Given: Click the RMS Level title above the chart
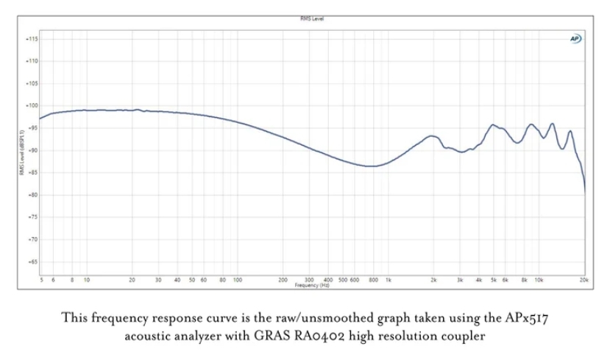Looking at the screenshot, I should point(312,18).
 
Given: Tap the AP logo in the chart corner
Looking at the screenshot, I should point(575,38).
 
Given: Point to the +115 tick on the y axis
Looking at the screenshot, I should point(32,38).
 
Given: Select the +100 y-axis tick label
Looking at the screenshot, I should point(32,105).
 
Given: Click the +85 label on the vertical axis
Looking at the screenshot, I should point(32,172).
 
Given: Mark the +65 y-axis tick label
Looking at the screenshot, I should point(32,262).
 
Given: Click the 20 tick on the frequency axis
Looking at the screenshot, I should point(132,280).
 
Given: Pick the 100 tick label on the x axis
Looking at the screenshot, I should point(238,280).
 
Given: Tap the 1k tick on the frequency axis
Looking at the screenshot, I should point(389,280).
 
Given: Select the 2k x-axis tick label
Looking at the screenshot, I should point(434,280).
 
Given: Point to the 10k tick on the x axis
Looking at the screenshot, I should point(539,280).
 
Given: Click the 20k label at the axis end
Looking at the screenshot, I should point(584,280).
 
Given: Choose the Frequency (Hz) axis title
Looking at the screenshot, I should point(312,285).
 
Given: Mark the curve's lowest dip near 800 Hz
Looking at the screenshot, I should point(372,166).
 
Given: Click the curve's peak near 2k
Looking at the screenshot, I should point(433,136).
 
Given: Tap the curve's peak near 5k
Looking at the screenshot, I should point(493,125).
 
